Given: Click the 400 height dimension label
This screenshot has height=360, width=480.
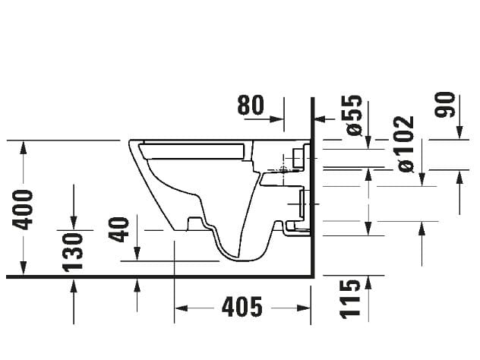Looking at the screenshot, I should click(x=24, y=209).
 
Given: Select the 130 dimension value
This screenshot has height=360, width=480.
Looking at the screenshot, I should click(x=73, y=250).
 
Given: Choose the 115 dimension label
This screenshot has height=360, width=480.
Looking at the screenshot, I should click(x=349, y=298).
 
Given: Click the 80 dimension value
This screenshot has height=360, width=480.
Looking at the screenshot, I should click(x=250, y=105).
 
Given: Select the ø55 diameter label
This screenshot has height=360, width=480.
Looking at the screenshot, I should click(x=353, y=115).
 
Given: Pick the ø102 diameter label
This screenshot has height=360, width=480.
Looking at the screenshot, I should click(x=406, y=144).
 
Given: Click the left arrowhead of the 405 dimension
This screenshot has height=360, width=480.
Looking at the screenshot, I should click(x=181, y=308).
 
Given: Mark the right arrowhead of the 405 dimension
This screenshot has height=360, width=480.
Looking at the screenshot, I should click(x=307, y=308).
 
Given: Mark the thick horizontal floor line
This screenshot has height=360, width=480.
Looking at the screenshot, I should click(x=152, y=276).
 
